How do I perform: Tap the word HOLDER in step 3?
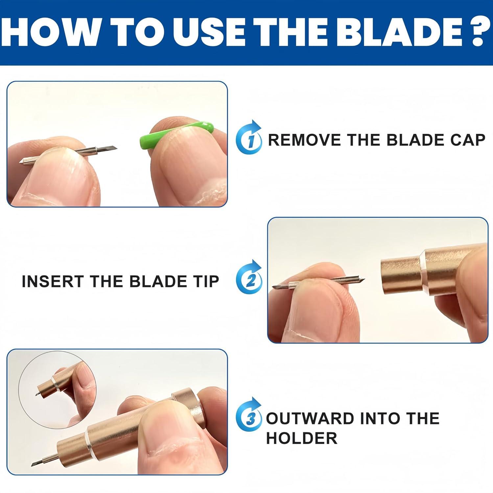pos(302,438)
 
